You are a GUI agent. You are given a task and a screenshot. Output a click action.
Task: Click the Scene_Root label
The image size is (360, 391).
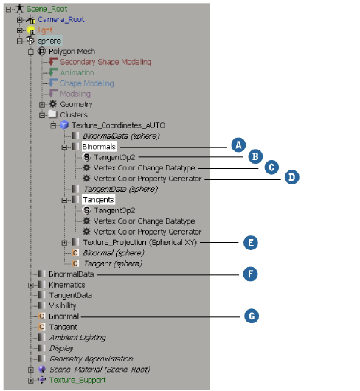pos(47,9)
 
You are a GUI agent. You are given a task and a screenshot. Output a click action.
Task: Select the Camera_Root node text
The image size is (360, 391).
pos(61,19)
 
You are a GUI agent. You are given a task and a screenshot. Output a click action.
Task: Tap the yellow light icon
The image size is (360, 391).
pos(32,30)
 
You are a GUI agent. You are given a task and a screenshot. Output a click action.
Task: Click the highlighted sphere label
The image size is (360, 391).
pos(49,41)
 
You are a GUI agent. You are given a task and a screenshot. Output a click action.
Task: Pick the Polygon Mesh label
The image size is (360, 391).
pos(72,52)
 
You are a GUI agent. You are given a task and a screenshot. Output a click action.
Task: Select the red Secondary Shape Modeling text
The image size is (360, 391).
pos(105,62)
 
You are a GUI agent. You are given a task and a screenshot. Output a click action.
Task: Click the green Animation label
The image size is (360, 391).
pos(77,72)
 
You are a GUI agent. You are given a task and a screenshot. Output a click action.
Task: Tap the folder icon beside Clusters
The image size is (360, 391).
pos(52,114)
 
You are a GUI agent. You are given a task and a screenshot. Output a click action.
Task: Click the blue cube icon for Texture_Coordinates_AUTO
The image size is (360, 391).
pos(64,125)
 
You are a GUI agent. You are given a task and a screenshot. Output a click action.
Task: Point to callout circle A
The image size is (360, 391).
pos(238,145)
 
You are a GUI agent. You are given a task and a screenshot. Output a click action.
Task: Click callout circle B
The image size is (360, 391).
pos(255,156)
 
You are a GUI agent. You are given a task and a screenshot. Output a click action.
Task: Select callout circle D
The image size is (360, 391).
pos(291,177)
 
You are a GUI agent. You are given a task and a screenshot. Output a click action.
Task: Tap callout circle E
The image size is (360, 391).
pos(251,243)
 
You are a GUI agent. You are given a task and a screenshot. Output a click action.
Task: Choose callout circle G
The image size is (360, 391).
pos(252,316)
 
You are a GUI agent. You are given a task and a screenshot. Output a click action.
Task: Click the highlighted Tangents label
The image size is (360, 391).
pos(98,200)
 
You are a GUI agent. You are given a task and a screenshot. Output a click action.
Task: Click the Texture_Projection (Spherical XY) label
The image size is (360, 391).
pos(140,243)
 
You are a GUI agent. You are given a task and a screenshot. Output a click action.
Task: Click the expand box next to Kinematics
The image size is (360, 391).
pos(31,285)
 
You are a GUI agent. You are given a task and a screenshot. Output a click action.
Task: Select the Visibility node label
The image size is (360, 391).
pos(63,305)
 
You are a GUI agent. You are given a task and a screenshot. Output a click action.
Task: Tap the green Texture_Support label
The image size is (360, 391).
pos(77,380)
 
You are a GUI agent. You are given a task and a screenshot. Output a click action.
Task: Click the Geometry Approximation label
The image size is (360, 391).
pos(91,359)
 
